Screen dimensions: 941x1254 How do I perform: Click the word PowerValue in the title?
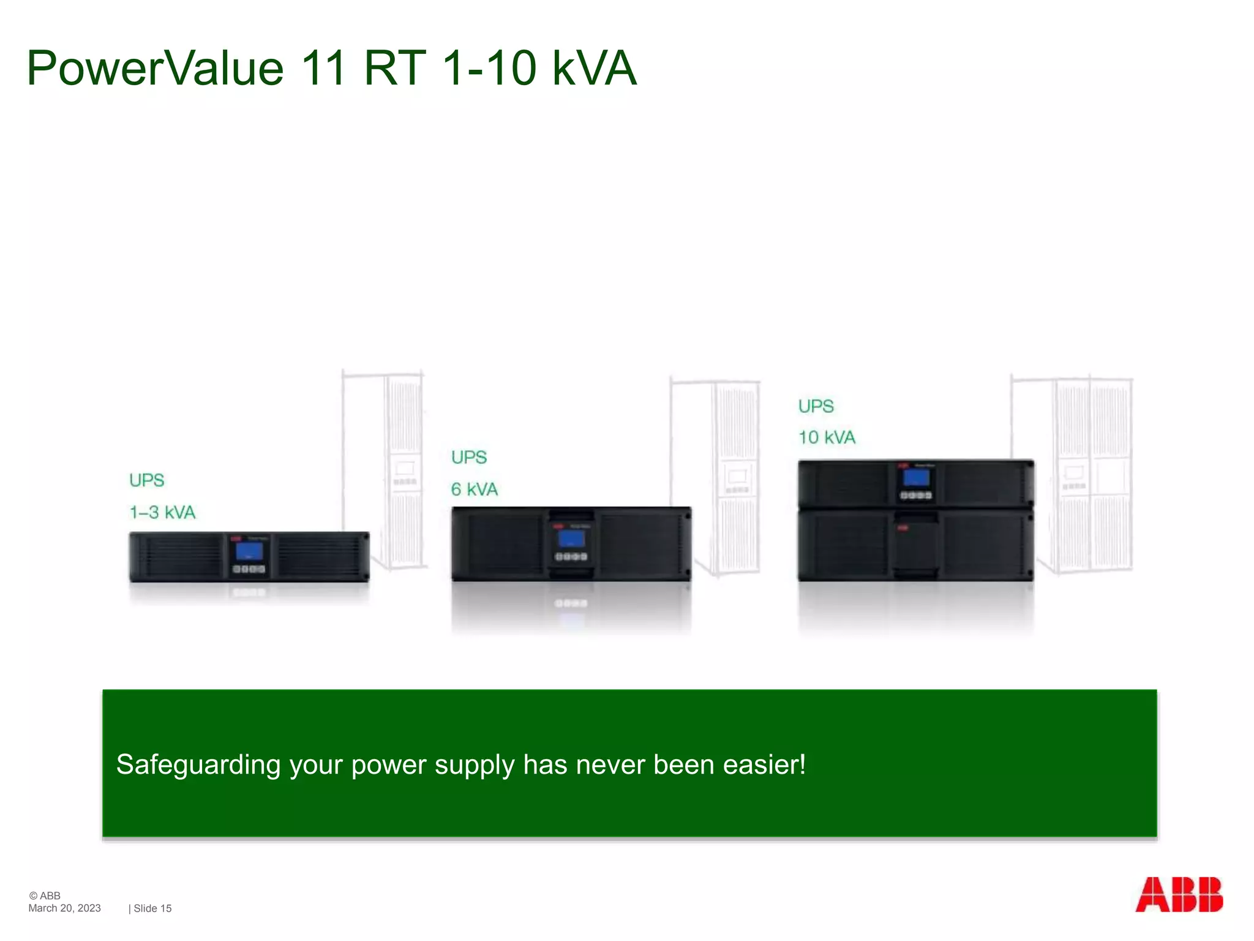(x=156, y=69)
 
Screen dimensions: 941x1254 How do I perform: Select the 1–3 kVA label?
(x=162, y=512)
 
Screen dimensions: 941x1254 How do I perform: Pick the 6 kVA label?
(x=475, y=489)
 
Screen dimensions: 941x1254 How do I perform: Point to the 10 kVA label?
(x=827, y=437)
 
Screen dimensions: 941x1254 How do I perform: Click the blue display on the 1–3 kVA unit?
(x=249, y=551)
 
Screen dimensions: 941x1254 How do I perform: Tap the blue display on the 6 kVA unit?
(x=571, y=539)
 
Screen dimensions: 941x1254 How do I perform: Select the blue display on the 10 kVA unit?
(x=916, y=477)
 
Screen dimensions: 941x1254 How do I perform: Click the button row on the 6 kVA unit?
(x=571, y=557)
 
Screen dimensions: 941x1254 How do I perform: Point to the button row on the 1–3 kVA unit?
(x=249, y=569)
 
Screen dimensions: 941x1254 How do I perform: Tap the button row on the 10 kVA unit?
(x=916, y=495)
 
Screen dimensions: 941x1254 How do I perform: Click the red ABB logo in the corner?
(x=1179, y=895)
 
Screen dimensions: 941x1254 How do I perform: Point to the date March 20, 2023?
(x=64, y=909)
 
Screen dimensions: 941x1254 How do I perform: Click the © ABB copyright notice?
(x=45, y=896)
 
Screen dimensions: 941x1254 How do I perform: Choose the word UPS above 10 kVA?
(x=816, y=406)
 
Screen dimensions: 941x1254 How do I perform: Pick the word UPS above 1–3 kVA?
(x=147, y=480)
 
